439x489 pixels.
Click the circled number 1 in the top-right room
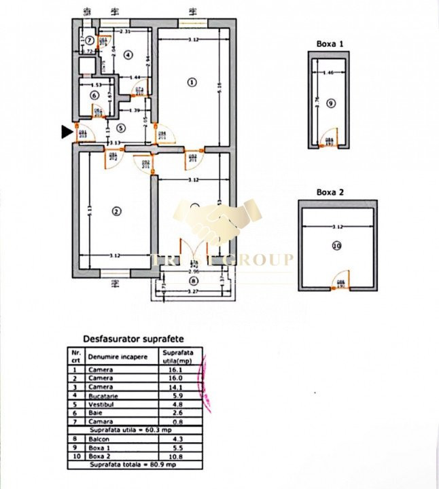(192, 83)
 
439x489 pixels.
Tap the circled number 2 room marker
(116, 211)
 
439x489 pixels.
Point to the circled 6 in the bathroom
(94, 96)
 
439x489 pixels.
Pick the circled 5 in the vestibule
(120, 127)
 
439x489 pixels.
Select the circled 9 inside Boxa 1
(330, 103)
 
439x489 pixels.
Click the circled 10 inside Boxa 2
(336, 246)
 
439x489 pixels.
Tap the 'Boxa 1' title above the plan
(330, 43)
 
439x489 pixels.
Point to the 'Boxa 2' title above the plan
(330, 192)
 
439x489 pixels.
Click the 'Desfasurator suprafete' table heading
(133, 338)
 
